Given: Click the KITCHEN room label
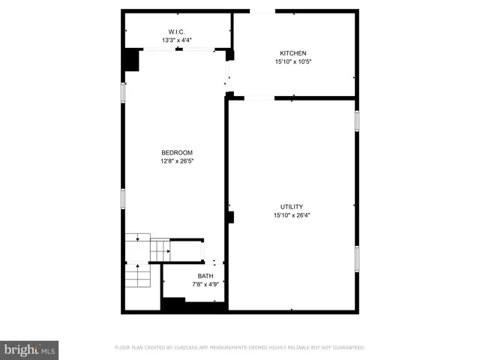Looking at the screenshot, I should pyautogui.click(x=292, y=53).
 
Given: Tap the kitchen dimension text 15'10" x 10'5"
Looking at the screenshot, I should pyautogui.click(x=292, y=62).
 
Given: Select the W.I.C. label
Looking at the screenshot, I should pyautogui.click(x=177, y=31).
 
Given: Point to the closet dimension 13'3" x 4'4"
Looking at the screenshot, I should pyautogui.click(x=177, y=40).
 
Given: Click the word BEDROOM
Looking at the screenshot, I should pyautogui.click(x=177, y=152).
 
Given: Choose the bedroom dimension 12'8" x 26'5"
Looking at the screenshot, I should pyautogui.click(x=177, y=160).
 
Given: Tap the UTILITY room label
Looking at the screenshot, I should pyautogui.click(x=292, y=206).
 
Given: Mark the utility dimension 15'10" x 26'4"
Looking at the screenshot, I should pyautogui.click(x=292, y=215).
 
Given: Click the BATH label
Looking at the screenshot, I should pyautogui.click(x=205, y=276).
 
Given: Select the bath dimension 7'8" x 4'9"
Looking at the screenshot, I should pyautogui.click(x=205, y=284).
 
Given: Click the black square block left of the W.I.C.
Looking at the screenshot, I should pyautogui.click(x=132, y=59).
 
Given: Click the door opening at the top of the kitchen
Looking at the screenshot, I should pyautogui.click(x=262, y=11).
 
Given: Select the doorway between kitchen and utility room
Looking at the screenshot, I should pyautogui.click(x=259, y=97).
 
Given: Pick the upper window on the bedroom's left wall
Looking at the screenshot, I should pyautogui.click(x=124, y=91).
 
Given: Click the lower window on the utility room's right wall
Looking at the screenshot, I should pyautogui.click(x=357, y=259).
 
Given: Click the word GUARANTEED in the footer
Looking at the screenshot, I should pyautogui.click(x=346, y=348).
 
